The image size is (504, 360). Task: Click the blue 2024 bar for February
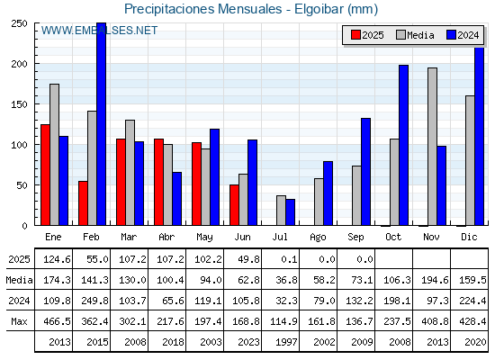tap(101, 124)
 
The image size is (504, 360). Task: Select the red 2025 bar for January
tap(45, 175)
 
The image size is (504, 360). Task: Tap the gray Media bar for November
tap(432, 147)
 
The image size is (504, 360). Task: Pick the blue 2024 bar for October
tap(404, 145)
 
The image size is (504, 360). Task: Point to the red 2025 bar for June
tap(234, 205)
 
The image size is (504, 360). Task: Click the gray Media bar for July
tap(281, 211)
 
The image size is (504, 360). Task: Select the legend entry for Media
tap(415, 35)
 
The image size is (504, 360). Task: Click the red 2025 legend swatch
tap(355, 35)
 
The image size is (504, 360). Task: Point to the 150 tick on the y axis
tap(19, 104)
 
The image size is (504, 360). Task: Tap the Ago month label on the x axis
tap(318, 238)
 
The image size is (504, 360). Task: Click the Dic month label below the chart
tap(469, 237)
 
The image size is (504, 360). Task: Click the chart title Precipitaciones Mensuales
tap(202, 9)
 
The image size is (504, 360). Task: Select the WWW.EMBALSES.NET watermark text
tap(99, 31)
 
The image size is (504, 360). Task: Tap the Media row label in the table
tap(19, 280)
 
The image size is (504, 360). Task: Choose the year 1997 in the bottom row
tap(286, 342)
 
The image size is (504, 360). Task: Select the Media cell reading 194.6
tap(435, 280)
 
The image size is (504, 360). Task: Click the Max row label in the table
tap(19, 321)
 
